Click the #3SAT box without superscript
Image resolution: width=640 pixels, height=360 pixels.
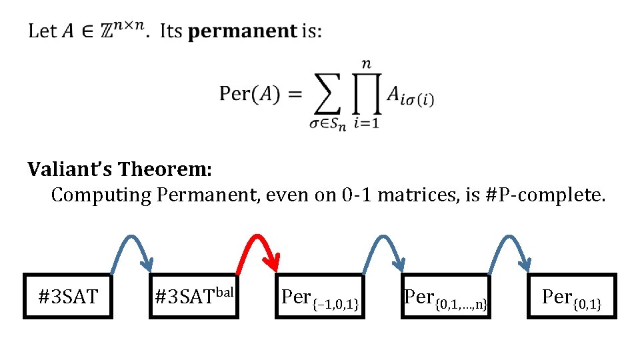point(68,296)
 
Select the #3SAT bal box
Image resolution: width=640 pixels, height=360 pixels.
point(194,296)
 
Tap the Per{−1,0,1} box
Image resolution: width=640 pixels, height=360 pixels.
point(320,296)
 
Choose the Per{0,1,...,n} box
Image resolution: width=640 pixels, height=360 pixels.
point(446,296)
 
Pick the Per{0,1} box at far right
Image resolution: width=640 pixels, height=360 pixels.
point(571,296)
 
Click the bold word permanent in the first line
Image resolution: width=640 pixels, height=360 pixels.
point(243,31)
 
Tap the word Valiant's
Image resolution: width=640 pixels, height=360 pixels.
point(70,169)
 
